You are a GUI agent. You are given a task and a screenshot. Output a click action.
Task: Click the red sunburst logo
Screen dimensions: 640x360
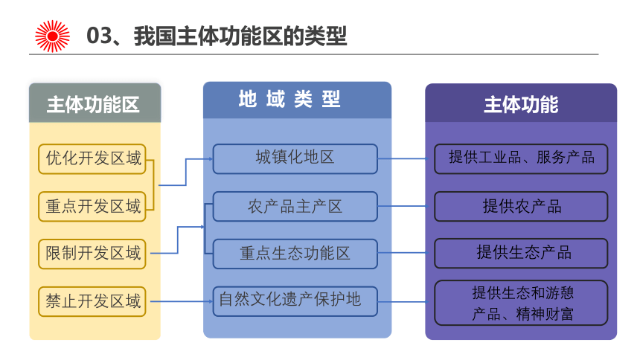(52, 36)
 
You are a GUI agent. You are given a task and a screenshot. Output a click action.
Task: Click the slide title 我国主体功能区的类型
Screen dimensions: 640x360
(240, 36)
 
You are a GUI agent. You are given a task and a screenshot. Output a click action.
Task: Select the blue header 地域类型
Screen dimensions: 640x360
(297, 100)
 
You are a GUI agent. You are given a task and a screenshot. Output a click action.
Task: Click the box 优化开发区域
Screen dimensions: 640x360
(92, 158)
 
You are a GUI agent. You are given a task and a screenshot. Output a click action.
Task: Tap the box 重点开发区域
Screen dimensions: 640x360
(92, 207)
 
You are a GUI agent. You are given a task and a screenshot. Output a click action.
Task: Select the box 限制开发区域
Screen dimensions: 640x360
(92, 254)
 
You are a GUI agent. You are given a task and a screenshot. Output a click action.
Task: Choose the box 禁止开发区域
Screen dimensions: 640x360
(92, 302)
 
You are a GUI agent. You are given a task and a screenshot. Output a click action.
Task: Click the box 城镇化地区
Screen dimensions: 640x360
(295, 158)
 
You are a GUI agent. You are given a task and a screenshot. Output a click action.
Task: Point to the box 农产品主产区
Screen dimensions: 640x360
(295, 207)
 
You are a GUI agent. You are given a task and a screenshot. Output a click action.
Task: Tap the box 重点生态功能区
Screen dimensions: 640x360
(295, 254)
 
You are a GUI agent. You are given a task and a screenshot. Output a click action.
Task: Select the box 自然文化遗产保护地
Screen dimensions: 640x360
(295, 302)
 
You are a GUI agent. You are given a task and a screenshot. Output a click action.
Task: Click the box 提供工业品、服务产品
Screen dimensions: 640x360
(521, 158)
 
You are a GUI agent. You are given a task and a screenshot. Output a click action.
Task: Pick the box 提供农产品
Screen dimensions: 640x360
(521, 207)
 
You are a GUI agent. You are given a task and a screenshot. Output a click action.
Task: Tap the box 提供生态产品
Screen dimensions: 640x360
(521, 254)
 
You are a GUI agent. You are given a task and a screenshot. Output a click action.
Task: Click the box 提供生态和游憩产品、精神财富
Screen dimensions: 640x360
(521, 303)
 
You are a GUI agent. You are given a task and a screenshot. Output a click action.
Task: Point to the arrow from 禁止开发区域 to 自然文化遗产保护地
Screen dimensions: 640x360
(182, 302)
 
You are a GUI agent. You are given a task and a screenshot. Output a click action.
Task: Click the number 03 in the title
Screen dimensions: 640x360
(99, 36)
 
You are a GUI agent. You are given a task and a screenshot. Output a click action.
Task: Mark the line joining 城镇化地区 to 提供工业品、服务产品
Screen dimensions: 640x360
(402, 158)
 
